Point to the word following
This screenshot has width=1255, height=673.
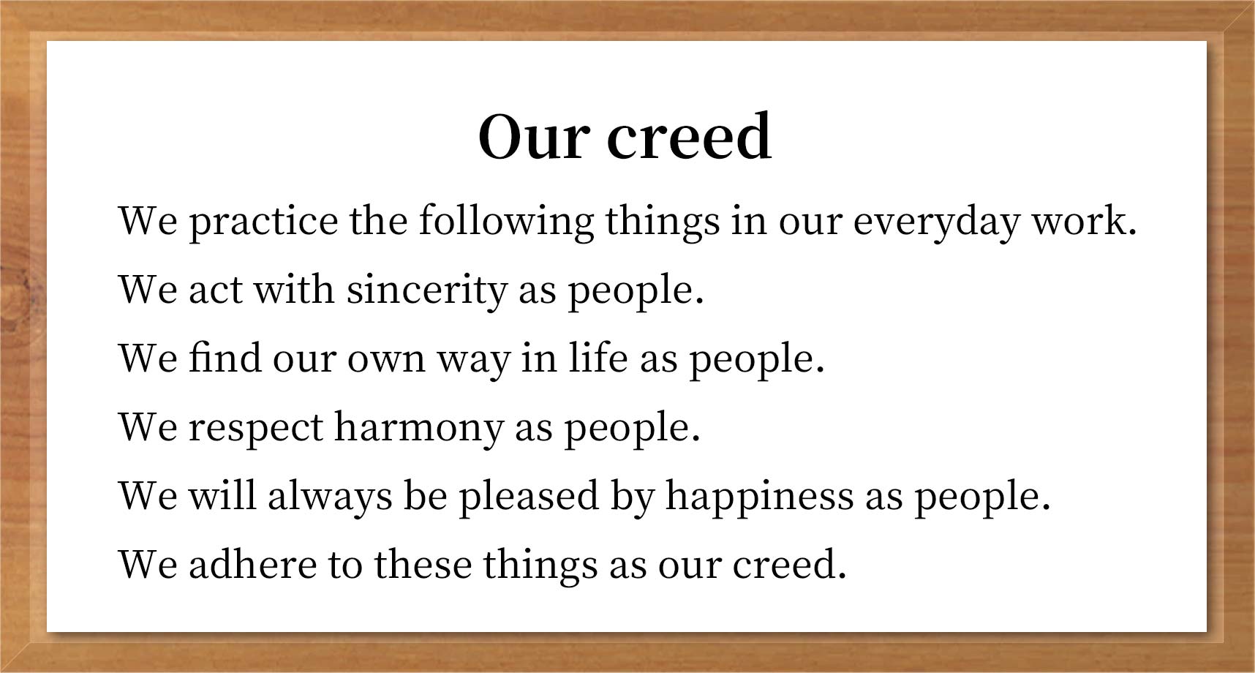pos(506,222)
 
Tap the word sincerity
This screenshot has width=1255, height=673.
pos(426,290)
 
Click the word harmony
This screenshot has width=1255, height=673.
pos(418,428)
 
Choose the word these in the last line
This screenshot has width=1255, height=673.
pos(423,565)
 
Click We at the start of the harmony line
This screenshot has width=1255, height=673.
pos(148,428)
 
